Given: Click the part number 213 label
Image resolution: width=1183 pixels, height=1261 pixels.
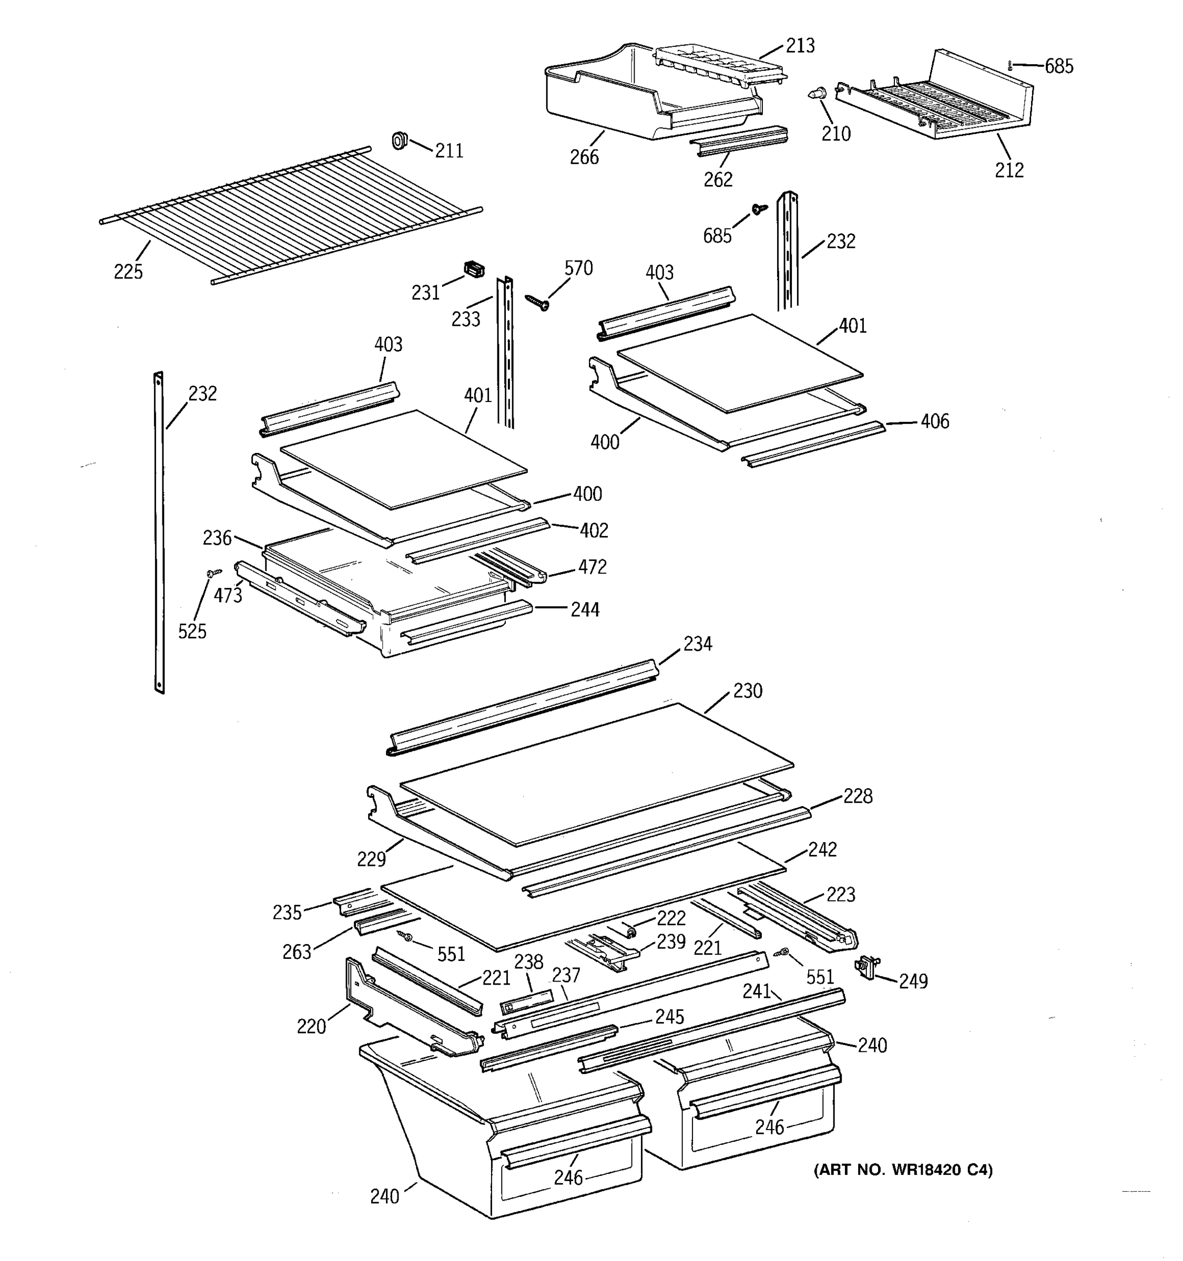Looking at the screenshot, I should coord(800,46).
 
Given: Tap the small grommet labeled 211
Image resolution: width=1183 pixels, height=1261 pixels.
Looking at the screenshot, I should coord(399,140).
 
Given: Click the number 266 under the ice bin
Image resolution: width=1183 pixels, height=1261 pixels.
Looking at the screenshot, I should coord(584,157).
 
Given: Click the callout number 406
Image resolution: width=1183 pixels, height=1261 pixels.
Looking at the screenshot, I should coord(934,422).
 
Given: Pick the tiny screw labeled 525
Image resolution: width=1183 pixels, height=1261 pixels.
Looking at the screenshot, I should coord(214,573).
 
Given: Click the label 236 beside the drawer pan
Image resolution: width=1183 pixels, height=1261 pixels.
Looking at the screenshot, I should coord(217,539).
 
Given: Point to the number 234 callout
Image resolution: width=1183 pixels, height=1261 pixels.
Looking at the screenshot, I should coord(698,645).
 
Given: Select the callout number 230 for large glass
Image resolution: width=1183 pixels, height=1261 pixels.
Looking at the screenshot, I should coord(748,691).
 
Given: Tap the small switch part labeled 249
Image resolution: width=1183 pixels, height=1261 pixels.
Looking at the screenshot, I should coord(867,967).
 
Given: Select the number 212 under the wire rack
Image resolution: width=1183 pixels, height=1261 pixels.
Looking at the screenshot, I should coord(1009,170).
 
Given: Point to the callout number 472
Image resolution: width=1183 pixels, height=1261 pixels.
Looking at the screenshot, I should coord(591,567).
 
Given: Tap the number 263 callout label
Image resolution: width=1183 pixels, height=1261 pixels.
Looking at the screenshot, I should coord(297,952).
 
